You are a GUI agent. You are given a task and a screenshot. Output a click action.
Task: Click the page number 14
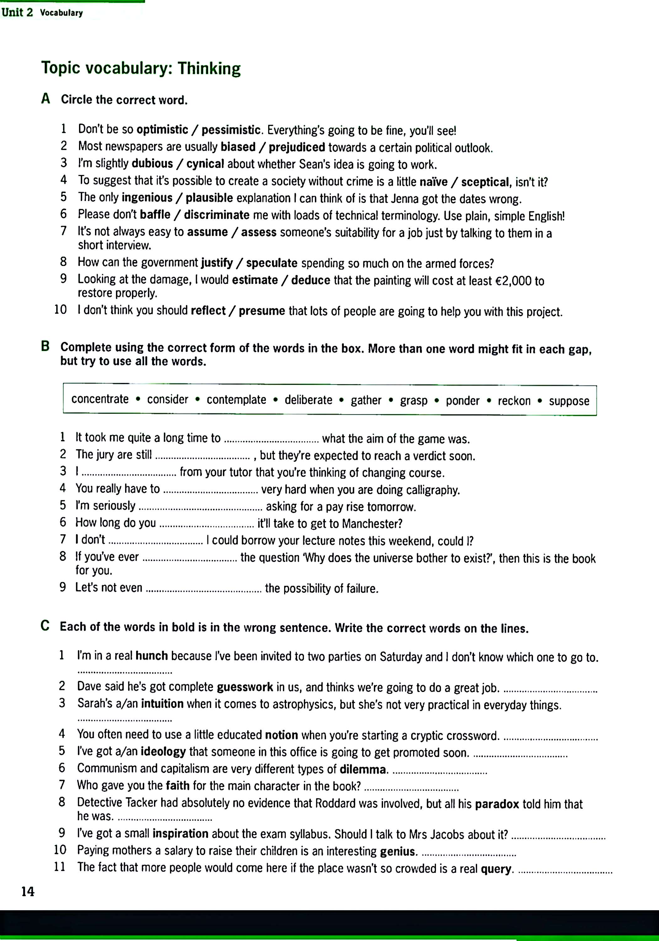click(x=28, y=891)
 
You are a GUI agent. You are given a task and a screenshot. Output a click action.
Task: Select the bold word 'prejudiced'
click(x=297, y=147)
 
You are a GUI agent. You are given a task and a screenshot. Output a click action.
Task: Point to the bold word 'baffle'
click(x=155, y=214)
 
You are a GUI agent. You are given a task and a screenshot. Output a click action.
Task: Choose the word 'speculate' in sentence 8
click(x=272, y=263)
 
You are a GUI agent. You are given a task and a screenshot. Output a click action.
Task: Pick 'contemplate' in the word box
click(x=236, y=400)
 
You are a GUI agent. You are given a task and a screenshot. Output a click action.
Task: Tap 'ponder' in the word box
click(x=462, y=401)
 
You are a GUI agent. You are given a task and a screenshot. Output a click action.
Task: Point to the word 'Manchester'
click(x=371, y=524)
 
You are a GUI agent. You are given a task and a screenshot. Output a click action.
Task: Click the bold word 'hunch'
click(x=151, y=656)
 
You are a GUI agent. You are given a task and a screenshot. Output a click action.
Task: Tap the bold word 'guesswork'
click(x=245, y=687)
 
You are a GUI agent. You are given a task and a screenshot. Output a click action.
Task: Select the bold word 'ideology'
click(x=163, y=752)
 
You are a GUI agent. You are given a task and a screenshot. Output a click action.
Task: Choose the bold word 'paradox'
click(x=497, y=804)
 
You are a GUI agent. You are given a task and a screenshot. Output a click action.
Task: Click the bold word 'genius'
click(x=397, y=852)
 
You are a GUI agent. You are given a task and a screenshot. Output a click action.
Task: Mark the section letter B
click(x=45, y=347)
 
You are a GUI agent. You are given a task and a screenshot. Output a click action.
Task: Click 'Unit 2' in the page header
click(x=17, y=12)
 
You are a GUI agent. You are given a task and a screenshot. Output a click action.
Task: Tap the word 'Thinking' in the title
click(x=209, y=68)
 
